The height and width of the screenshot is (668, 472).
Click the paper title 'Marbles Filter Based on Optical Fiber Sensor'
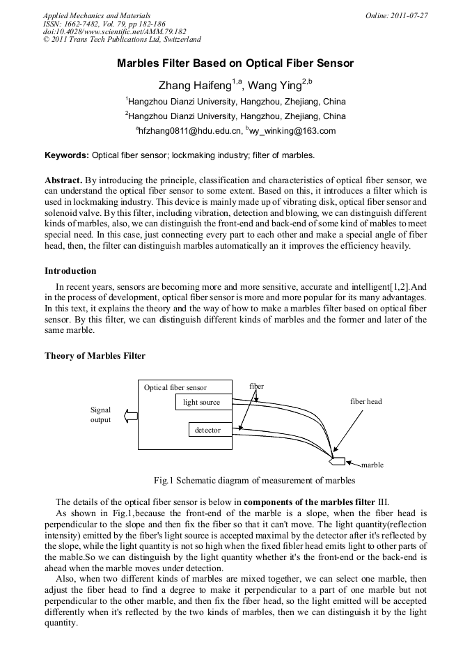coord(235,63)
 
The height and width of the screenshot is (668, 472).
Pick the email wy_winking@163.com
coord(292,130)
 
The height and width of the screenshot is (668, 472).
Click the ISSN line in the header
coord(104,24)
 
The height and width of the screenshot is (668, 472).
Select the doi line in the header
coord(114,31)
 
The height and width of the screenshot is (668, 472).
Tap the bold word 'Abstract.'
coord(64,180)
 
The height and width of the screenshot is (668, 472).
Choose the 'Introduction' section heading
coord(70,270)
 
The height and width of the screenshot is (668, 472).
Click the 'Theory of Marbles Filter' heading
coord(95,355)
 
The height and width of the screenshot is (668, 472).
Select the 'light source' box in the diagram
coord(201,402)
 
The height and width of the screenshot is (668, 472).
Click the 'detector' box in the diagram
coord(207,430)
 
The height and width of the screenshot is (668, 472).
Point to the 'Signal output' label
coord(100,415)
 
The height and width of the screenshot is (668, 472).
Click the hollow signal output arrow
coord(129,416)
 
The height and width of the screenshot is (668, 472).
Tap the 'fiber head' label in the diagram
coord(365,401)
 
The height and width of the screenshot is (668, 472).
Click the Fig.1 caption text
coord(254,480)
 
